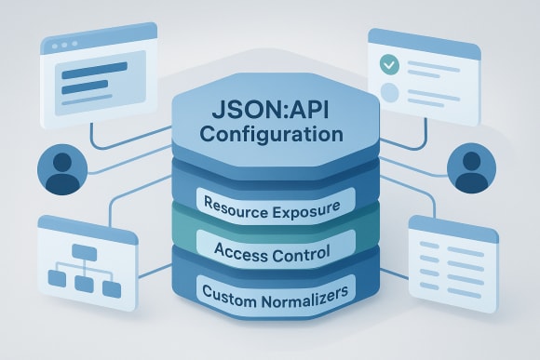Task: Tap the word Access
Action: coord(237,251)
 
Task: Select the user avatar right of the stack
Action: coord(472,169)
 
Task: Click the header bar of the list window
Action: coord(452,227)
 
